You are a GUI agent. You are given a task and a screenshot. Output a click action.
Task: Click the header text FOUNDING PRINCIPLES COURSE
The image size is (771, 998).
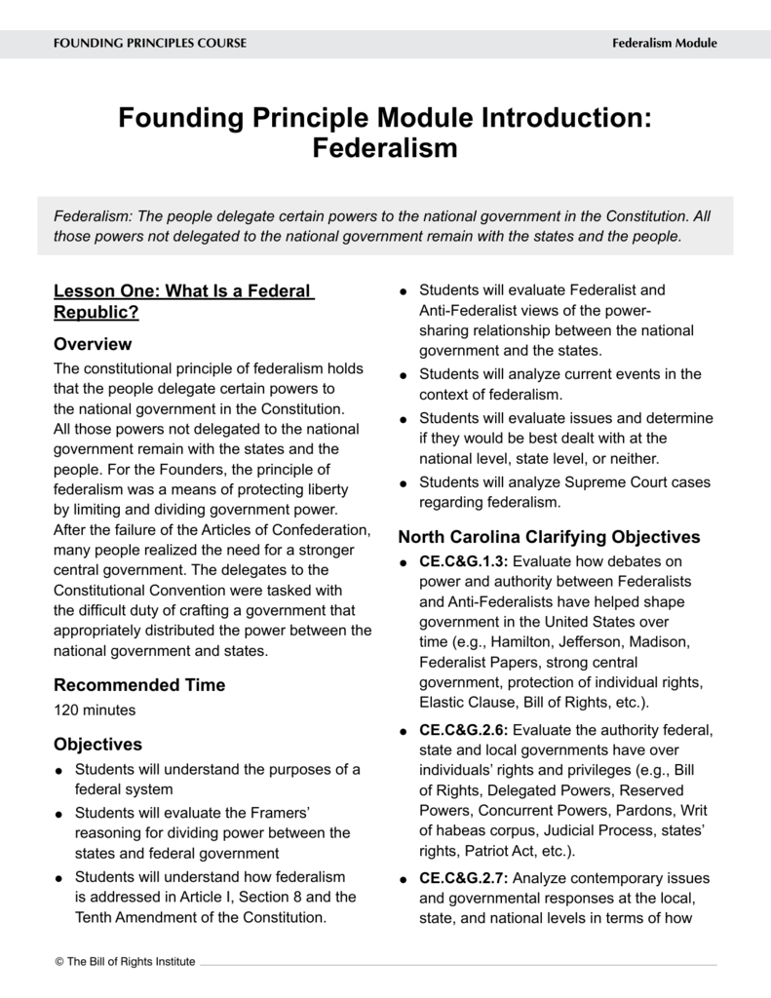149,43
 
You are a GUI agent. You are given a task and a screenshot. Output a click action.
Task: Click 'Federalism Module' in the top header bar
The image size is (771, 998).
664,43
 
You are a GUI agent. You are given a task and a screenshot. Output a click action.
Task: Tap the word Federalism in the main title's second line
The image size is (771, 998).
385,149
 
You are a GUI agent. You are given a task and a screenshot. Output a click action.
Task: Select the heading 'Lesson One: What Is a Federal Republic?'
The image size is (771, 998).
183,301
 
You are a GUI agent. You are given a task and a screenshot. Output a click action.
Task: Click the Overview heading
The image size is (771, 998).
93,344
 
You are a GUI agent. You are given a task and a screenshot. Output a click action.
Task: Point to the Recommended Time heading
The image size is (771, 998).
139,685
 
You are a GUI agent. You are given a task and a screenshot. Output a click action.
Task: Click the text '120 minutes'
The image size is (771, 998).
95,710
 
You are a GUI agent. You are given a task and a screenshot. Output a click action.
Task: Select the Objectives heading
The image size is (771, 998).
97,745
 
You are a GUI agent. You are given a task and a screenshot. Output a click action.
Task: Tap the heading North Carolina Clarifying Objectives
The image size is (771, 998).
549,537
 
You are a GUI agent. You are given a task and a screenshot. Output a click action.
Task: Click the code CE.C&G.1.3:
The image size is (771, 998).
464,561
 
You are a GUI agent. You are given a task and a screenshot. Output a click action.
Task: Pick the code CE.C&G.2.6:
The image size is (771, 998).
464,730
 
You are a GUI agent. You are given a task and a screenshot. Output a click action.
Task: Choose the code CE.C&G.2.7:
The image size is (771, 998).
464,878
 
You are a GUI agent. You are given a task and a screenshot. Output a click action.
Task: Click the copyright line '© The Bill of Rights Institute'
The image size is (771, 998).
125,962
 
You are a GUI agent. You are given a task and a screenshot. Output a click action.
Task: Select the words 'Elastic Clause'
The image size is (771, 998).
464,702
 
